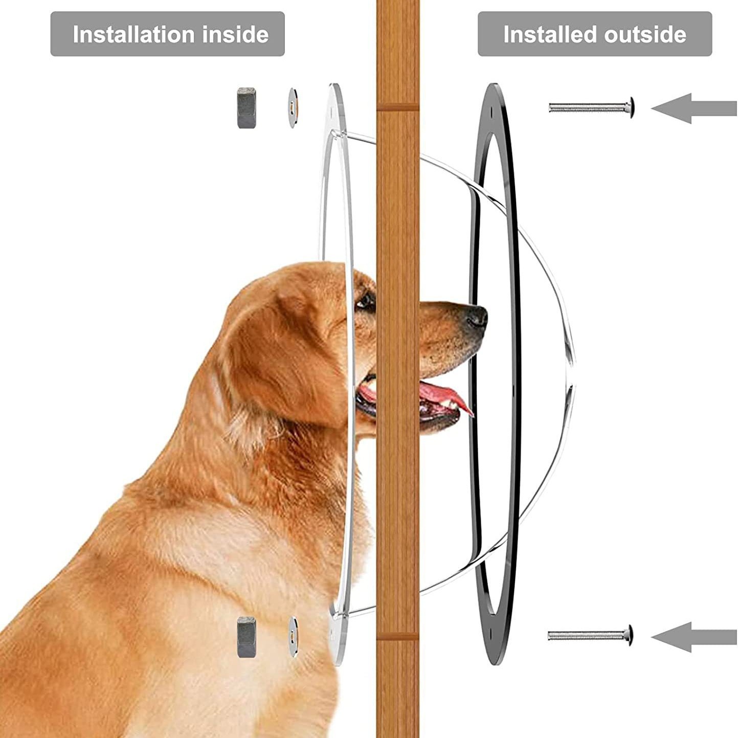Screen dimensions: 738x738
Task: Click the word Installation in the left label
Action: (135, 35)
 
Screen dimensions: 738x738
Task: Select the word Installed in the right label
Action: (550, 35)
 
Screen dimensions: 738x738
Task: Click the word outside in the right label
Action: (645, 35)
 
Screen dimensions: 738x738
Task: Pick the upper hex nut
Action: (247, 108)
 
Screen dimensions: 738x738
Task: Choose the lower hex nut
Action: (246, 637)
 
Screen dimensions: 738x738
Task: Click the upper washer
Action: (292, 108)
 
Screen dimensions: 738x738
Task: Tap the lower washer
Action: (293, 636)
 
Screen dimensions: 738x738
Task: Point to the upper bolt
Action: (591, 107)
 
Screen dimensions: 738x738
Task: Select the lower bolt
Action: (590, 636)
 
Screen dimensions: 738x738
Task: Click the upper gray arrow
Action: (693, 108)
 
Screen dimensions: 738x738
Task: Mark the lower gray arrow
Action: (693, 637)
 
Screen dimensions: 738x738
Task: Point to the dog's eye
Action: (365, 302)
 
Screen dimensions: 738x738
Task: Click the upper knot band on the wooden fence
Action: (397, 107)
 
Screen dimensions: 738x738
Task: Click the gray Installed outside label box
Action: (594, 34)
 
